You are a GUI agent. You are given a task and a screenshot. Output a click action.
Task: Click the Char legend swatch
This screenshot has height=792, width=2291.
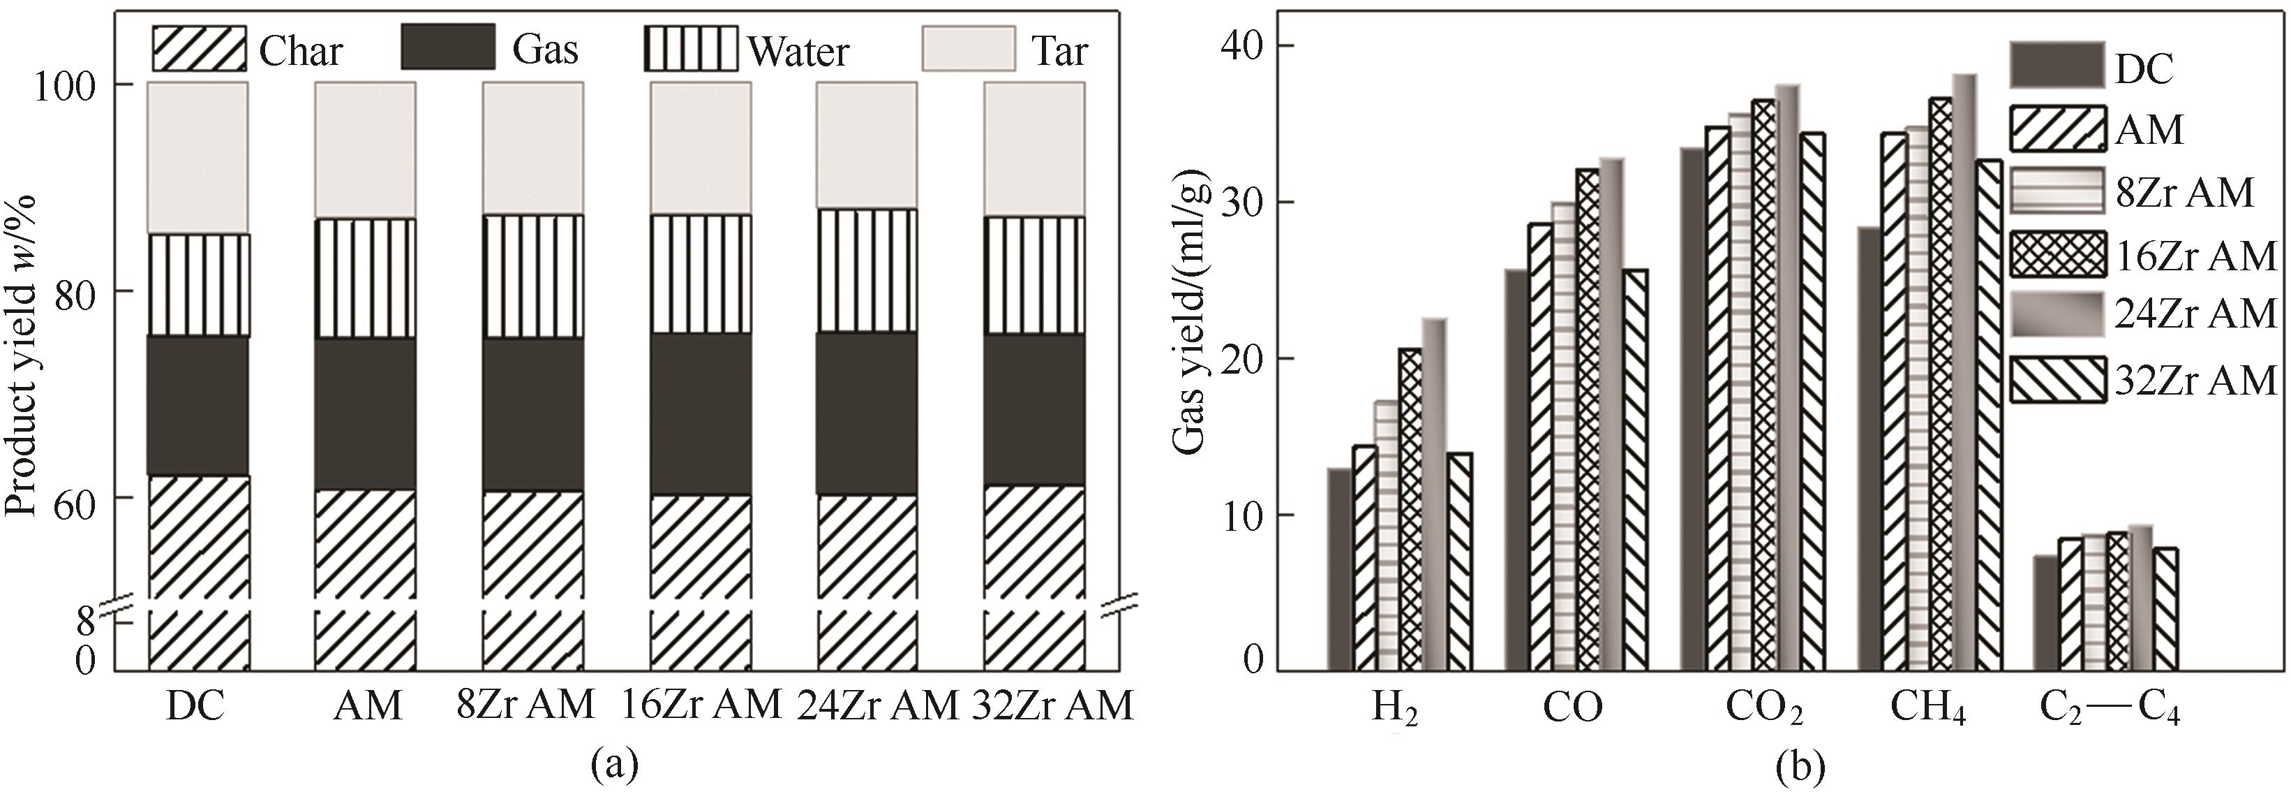[198, 48]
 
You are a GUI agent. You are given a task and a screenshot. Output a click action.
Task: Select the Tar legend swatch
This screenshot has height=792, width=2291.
[968, 48]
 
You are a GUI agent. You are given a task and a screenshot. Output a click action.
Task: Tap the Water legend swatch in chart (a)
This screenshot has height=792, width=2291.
[690, 48]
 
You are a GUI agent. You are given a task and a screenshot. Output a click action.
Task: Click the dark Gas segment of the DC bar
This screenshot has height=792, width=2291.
[197, 405]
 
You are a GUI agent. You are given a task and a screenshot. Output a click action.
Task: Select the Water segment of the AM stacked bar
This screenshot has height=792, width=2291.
[365, 278]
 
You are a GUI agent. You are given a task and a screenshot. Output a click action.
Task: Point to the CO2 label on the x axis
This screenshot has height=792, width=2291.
[1765, 708]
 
